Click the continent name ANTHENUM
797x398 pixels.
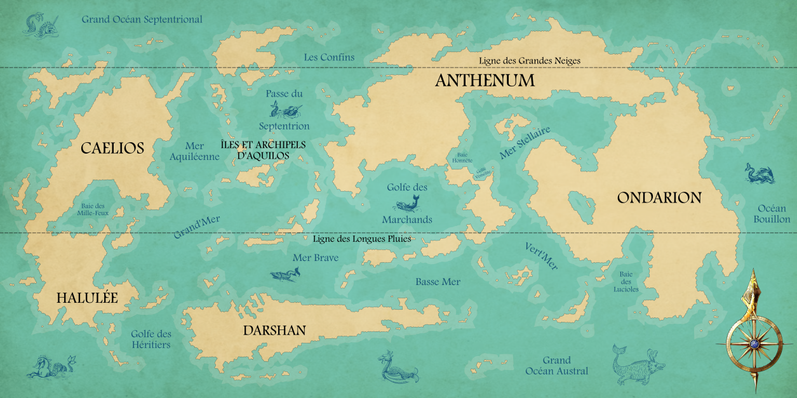[x=485, y=81]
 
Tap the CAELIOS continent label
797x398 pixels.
[x=112, y=149]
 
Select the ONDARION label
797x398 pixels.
[x=659, y=197]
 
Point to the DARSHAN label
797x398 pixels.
[x=274, y=330]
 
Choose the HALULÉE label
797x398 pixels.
[x=87, y=298]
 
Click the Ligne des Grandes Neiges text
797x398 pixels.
[x=530, y=61]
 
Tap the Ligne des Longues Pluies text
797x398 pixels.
[x=362, y=239]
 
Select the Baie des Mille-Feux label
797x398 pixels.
[x=95, y=209]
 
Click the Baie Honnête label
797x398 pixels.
[x=461, y=157]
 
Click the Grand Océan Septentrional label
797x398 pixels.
[x=142, y=19]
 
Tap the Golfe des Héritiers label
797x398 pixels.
[x=151, y=339]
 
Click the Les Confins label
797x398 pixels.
[x=329, y=57]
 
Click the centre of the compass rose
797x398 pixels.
[x=754, y=343]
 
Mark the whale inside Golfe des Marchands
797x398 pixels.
[x=407, y=204]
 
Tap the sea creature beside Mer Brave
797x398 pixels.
[x=285, y=274]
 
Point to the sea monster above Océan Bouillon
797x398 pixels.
[x=760, y=173]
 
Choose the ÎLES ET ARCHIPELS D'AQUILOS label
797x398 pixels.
[x=263, y=150]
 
